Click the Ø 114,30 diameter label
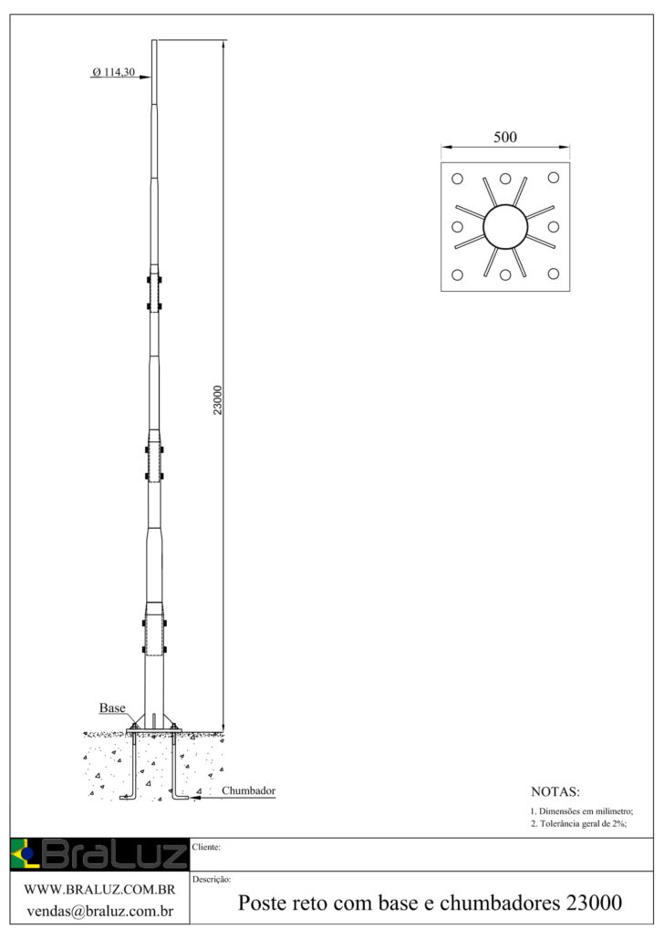(x=113, y=72)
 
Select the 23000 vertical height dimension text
(x=218, y=400)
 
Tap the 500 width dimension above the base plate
(x=505, y=137)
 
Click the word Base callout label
(x=112, y=707)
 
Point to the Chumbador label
(x=249, y=790)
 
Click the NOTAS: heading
(x=555, y=791)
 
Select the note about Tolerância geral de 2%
(x=579, y=824)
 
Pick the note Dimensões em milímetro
(x=582, y=811)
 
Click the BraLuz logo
(x=99, y=854)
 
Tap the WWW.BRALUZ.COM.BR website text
(x=99, y=890)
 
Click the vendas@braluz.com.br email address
(x=100, y=912)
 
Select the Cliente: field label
(x=206, y=847)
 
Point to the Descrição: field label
(x=212, y=880)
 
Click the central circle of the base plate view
(x=505, y=226)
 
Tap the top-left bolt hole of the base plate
(x=457, y=179)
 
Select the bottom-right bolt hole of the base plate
(x=553, y=274)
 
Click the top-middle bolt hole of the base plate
(x=505, y=179)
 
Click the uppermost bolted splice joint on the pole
(x=155, y=293)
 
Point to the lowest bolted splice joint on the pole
(x=155, y=636)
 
